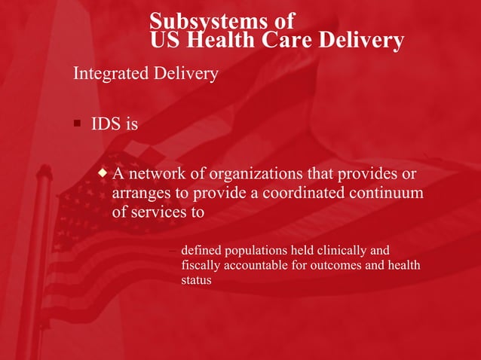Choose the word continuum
[x=388, y=193]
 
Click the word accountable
[x=258, y=265]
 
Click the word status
[x=196, y=280]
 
